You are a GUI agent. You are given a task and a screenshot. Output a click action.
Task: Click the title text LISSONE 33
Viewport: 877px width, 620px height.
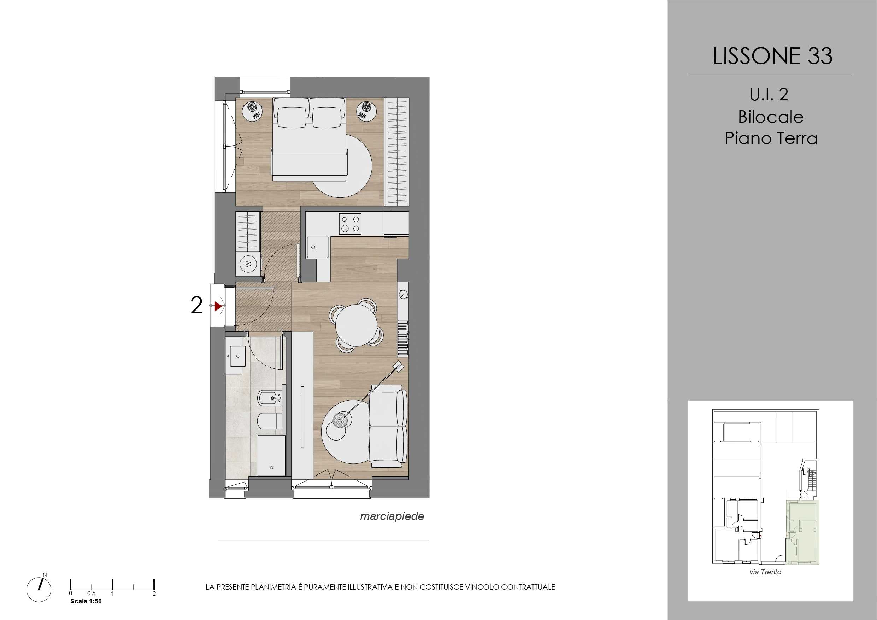pos(772,56)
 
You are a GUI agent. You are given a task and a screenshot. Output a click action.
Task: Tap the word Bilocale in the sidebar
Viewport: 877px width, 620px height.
pos(771,117)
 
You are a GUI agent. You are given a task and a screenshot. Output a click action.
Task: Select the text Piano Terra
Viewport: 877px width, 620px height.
pos(771,138)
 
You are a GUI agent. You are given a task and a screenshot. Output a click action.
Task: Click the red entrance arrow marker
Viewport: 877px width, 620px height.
pos(218,306)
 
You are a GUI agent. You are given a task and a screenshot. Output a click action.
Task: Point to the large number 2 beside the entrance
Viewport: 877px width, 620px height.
pos(196,306)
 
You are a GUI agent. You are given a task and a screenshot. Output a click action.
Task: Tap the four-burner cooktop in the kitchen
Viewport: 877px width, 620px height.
pos(350,224)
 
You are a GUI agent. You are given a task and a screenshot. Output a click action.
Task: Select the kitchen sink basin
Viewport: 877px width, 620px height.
pos(318,248)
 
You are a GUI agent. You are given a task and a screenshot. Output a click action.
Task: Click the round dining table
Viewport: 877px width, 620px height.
pos(357,324)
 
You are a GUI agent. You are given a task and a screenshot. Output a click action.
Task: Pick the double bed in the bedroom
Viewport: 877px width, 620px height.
pos(310,139)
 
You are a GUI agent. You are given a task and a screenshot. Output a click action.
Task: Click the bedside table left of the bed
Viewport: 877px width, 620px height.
pos(252,111)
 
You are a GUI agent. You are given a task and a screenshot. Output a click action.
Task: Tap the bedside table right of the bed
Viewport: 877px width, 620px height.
pos(366,111)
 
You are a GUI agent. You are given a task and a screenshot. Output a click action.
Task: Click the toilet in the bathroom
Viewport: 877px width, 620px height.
pos(270,421)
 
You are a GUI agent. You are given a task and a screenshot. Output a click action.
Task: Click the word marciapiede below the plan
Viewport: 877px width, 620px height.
pos(392,516)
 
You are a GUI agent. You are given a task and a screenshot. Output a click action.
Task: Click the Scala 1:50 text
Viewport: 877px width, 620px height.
pos(86,601)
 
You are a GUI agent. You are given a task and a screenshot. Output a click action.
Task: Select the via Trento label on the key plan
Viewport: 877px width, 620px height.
pos(765,572)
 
